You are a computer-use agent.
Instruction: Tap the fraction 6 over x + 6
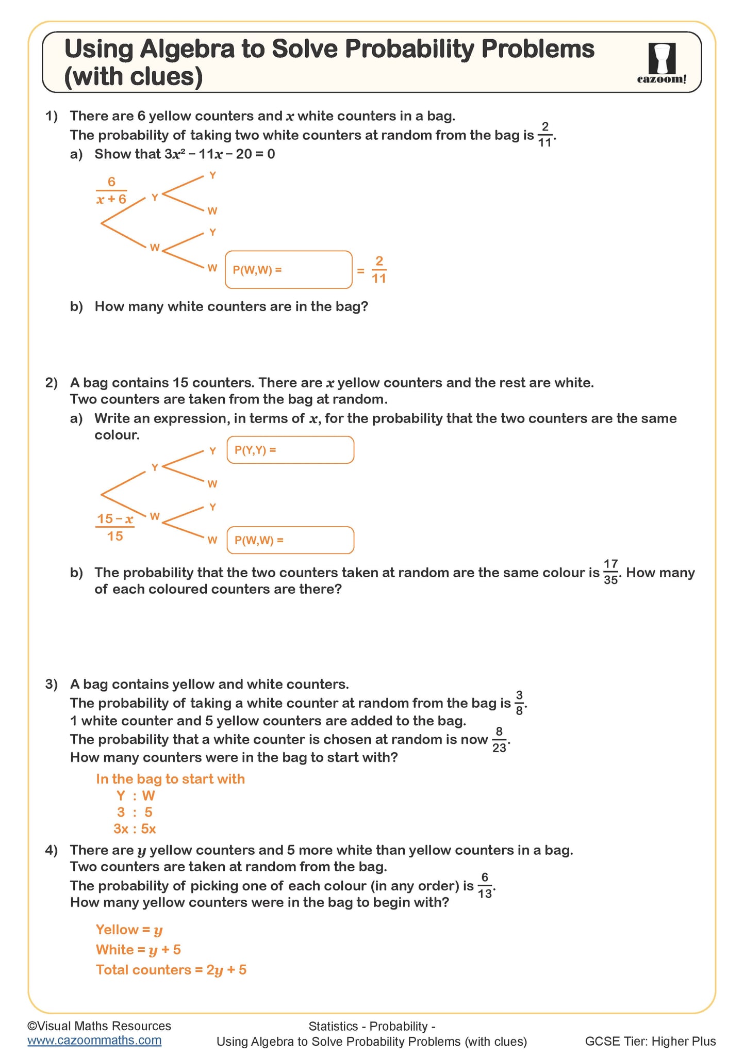point(111,190)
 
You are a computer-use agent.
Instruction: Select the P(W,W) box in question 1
point(289,269)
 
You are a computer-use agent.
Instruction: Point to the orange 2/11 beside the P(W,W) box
point(379,270)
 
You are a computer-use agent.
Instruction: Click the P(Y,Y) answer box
point(290,450)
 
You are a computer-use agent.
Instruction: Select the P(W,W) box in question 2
point(290,540)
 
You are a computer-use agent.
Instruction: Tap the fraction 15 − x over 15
point(115,527)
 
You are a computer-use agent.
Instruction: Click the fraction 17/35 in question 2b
point(610,572)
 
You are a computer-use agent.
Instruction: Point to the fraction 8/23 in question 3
point(499,740)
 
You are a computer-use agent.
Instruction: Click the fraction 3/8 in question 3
point(519,703)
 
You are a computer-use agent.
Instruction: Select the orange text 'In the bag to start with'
point(170,778)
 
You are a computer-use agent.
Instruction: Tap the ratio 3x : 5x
point(135,828)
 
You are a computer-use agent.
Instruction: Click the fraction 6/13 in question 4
point(485,886)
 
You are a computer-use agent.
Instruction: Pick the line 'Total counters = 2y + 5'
point(171,969)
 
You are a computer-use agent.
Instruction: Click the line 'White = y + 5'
point(138,949)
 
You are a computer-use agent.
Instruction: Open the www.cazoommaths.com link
point(94,1040)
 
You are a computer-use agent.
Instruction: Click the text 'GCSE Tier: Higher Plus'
point(650,1041)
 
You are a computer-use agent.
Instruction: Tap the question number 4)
point(52,850)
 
